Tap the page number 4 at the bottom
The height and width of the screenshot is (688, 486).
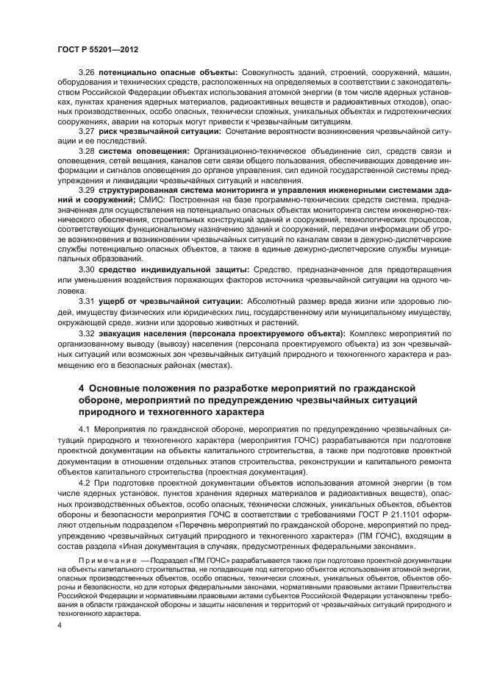(60, 624)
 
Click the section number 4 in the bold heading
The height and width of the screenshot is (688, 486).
(81, 387)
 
